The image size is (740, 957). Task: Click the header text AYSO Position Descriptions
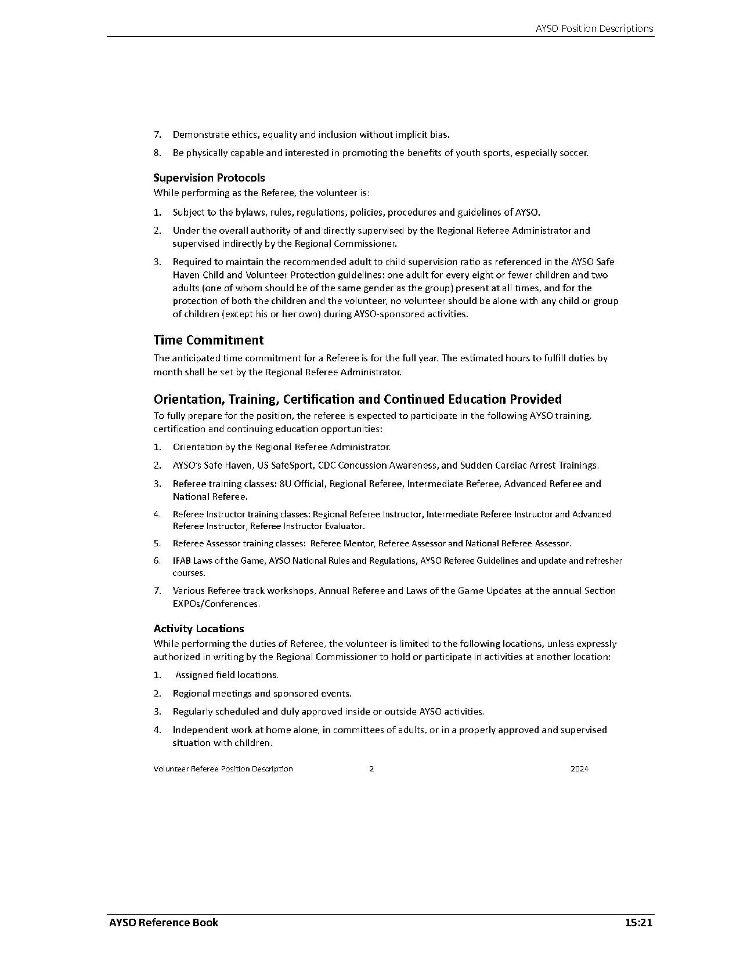594,28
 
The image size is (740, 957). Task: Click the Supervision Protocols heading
209,177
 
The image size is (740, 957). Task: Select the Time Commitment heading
208,340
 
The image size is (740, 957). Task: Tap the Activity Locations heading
198,628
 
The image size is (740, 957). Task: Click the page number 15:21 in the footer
639,922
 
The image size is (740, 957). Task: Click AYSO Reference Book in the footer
163,922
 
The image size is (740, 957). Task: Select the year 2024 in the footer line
579,768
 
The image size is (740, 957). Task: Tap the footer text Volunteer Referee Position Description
223,768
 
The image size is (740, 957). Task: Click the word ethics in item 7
246,135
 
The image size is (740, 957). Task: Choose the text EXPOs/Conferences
216,603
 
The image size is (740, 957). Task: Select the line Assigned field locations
226,675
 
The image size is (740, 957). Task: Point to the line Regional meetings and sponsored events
262,693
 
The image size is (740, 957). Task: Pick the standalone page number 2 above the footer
371,768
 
